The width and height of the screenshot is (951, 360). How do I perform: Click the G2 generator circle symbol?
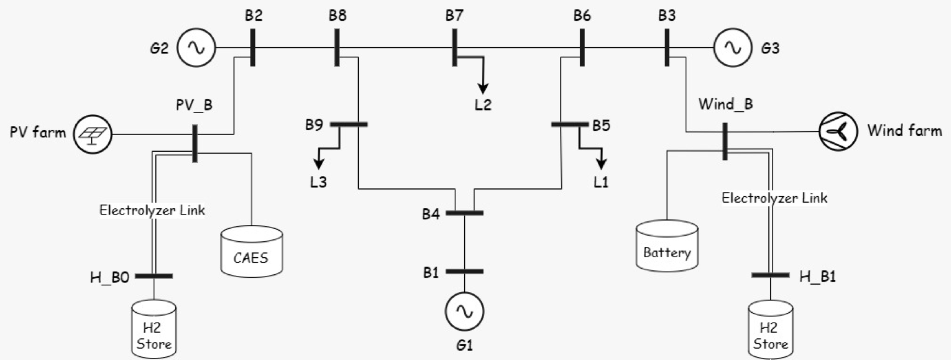[196, 48]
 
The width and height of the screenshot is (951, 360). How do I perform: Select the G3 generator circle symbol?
[732, 48]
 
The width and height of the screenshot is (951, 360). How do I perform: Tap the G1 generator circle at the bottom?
[464, 312]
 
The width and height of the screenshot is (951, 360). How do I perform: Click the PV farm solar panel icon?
[93, 134]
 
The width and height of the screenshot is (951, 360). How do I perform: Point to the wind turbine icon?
[838, 131]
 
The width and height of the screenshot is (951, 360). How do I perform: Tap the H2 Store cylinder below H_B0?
[154, 329]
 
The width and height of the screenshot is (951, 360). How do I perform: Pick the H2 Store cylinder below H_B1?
[770, 330]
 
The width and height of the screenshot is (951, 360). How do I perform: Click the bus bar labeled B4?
[464, 213]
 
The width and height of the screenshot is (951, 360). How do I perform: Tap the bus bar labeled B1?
[464, 272]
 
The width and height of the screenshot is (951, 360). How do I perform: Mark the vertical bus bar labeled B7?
[454, 48]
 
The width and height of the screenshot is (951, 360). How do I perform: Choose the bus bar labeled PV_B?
[194, 143]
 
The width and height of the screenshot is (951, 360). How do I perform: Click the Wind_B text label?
[725, 104]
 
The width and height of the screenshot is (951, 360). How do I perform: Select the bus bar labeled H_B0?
[154, 276]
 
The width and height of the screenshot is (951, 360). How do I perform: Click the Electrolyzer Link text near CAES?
[152, 210]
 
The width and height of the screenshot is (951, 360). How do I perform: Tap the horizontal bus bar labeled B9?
[348, 125]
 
